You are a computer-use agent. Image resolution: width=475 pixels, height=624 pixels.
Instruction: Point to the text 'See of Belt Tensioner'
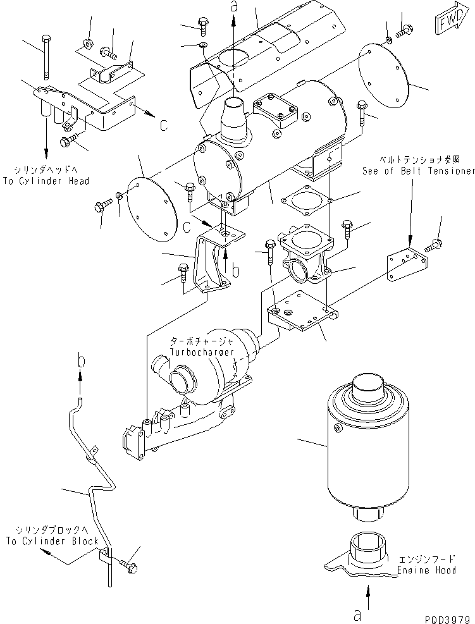point(418,171)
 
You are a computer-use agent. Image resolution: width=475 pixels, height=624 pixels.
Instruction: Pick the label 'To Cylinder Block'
point(52,541)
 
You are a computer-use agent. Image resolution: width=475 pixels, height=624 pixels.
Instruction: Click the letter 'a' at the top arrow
point(234,7)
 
